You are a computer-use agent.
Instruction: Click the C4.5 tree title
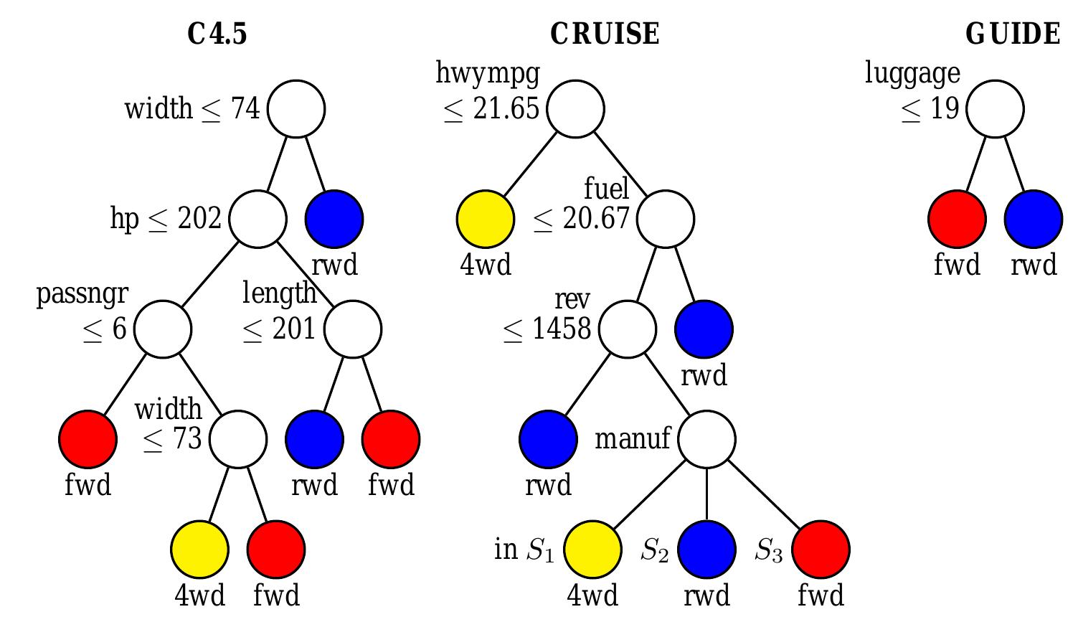(x=217, y=34)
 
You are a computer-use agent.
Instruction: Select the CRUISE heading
(x=605, y=34)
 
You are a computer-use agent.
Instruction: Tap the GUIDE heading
(x=1012, y=34)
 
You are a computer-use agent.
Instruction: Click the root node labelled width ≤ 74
(x=296, y=109)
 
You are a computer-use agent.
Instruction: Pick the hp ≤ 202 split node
(x=258, y=219)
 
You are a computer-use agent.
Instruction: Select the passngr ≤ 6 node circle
(x=163, y=329)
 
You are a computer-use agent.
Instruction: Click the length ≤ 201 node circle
(x=353, y=329)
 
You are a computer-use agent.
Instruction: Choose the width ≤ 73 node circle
(x=238, y=439)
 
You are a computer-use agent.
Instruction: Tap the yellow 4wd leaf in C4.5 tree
(x=200, y=550)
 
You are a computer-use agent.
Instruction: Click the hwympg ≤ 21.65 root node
(x=575, y=109)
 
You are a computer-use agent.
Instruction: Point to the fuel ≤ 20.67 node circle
(x=666, y=219)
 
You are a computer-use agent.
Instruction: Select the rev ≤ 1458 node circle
(x=628, y=329)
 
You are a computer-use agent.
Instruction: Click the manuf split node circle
(x=706, y=439)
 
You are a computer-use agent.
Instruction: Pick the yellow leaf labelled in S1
(x=592, y=550)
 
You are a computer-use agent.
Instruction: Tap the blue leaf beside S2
(x=706, y=550)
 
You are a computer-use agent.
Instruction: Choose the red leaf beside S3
(x=821, y=550)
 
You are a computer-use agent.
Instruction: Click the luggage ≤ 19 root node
(x=995, y=109)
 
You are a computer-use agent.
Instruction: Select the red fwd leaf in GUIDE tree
(x=957, y=219)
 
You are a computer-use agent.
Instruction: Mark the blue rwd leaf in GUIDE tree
(x=1034, y=219)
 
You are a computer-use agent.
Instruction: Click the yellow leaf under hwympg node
(x=486, y=219)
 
